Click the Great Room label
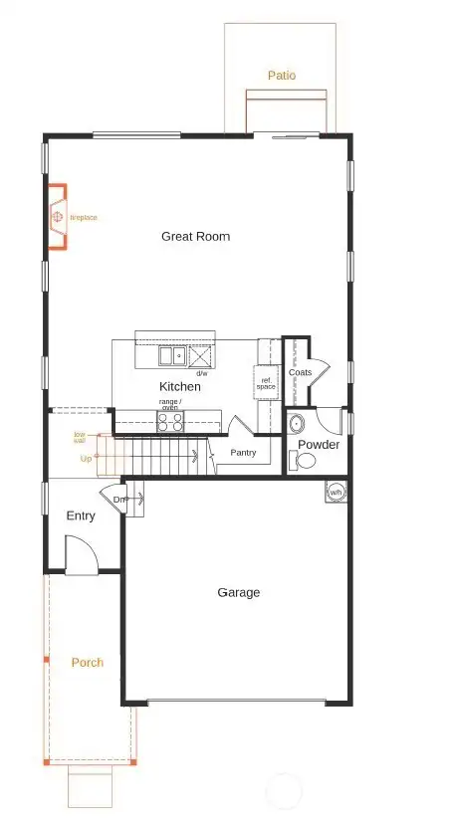point(195,236)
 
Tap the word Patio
point(282,75)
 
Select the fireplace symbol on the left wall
point(58,216)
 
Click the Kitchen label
point(179,386)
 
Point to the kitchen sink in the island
point(170,355)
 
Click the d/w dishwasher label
point(201,373)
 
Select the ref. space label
point(267,383)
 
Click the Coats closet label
point(300,372)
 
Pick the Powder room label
point(319,445)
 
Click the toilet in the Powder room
point(303,461)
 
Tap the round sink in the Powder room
point(297,423)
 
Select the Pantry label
point(243,453)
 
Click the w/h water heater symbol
point(337,491)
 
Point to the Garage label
point(238,592)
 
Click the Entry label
point(81,515)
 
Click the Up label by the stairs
point(86,459)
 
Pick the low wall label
point(79,437)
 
